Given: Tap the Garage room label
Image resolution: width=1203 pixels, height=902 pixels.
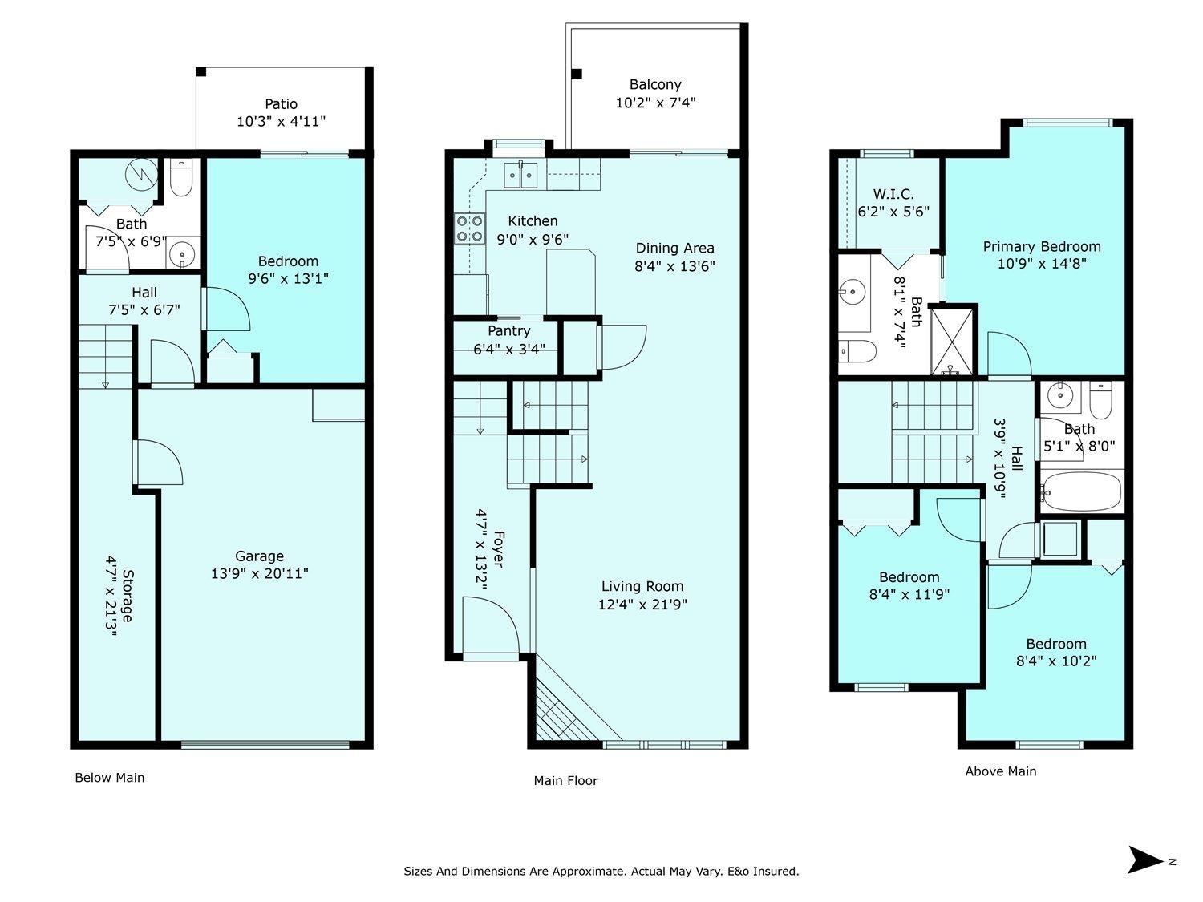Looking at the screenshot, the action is click(259, 556).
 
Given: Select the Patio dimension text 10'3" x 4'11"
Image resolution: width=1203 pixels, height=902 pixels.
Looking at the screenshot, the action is click(282, 121).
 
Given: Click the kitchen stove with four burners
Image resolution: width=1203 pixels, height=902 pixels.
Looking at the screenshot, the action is click(470, 229).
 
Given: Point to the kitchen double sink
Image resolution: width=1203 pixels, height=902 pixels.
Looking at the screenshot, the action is click(520, 175).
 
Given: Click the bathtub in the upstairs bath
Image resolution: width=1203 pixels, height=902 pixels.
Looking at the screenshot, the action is click(1082, 491).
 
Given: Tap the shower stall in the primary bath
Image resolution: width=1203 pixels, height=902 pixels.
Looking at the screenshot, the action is click(953, 342).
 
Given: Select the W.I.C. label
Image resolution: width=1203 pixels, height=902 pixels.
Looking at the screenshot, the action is click(893, 194).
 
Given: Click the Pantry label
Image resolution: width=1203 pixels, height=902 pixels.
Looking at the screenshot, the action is click(509, 331).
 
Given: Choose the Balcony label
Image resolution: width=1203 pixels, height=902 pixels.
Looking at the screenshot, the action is click(655, 85).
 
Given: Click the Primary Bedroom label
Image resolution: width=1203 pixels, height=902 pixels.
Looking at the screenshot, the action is click(1042, 246).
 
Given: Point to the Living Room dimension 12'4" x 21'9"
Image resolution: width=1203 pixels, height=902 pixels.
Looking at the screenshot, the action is click(642, 604).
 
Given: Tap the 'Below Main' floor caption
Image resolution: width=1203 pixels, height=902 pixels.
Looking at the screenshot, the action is click(110, 778).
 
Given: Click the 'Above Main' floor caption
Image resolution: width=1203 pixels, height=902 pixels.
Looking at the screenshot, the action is click(1001, 771).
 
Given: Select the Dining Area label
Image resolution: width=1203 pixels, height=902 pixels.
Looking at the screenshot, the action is click(674, 248).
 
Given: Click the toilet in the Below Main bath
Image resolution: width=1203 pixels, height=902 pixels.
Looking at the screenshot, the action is click(181, 178).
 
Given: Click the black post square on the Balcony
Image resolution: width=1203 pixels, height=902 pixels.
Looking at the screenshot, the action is click(576, 74).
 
